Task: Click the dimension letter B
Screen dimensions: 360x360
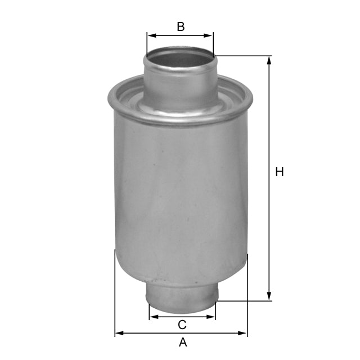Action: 181,26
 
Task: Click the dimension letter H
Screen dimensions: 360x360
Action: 280,172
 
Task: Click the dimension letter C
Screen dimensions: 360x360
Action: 182,325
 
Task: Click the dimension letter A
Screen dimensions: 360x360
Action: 182,342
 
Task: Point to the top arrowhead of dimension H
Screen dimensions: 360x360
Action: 269,60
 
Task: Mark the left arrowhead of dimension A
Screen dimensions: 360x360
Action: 119,334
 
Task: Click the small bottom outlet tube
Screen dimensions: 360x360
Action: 182,295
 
